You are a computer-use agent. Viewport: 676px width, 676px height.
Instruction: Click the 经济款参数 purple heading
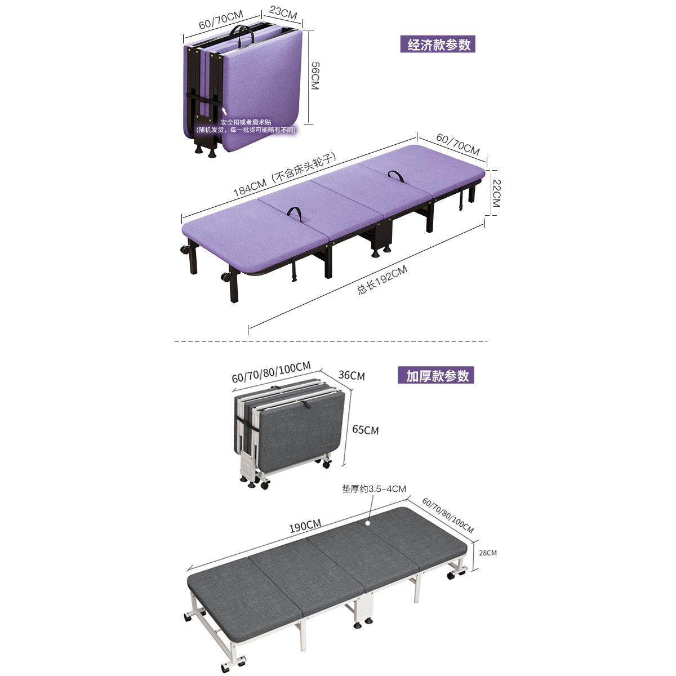pos(438,44)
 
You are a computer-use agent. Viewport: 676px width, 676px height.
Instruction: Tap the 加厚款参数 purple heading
pos(435,375)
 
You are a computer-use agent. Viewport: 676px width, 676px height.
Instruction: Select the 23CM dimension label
pos(283,13)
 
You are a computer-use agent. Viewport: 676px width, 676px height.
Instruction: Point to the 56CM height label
pos(315,76)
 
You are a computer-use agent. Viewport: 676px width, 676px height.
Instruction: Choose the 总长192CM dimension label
pos(382,280)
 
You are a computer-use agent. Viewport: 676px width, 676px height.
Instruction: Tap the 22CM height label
pos(496,193)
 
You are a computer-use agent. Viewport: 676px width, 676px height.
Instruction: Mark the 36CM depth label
pos(352,376)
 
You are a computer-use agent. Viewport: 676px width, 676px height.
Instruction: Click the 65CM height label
pos(365,430)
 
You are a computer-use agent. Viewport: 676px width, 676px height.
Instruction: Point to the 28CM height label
pos(488,553)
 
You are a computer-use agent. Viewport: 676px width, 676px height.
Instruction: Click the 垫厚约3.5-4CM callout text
pos(374,489)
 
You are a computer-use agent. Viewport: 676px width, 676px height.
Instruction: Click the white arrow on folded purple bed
pos(225,112)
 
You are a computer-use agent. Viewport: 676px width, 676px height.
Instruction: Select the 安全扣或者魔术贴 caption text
pos(246,122)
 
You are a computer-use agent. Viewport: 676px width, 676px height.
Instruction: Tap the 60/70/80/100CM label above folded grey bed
pos(271,372)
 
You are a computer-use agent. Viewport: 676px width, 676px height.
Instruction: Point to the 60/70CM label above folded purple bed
pos(221,20)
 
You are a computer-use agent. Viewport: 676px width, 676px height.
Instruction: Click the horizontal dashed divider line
pos(331,341)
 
